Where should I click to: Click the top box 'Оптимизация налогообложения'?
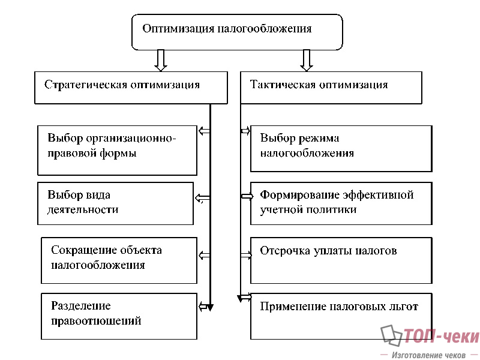coord(237,32)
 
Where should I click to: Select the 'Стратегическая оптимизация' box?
coord(131,88)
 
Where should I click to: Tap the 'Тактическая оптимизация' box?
coord(331,88)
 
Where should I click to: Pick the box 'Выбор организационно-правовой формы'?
coord(118,150)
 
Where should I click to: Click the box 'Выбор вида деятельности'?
coord(116,203)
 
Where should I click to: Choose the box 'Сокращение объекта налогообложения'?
coord(119,260)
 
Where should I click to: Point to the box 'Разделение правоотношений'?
coord(119,316)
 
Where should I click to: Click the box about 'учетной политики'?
coord(341,203)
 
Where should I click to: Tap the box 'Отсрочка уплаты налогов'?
coord(341,260)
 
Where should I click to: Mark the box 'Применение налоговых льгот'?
coord(341,316)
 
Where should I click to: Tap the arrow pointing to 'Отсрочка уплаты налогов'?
coord(245,256)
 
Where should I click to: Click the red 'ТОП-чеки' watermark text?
coord(441,337)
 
